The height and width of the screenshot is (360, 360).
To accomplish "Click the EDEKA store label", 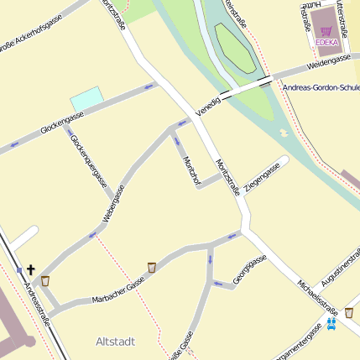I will [x=327, y=41].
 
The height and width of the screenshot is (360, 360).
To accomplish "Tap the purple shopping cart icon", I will [x=325, y=30].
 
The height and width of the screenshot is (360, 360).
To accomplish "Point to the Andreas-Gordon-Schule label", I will [x=321, y=87].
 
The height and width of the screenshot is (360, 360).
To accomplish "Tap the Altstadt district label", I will [x=116, y=342].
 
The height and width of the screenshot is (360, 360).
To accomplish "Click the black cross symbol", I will [x=31, y=269].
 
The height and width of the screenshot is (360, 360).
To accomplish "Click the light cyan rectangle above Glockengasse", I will [x=87, y=98].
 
